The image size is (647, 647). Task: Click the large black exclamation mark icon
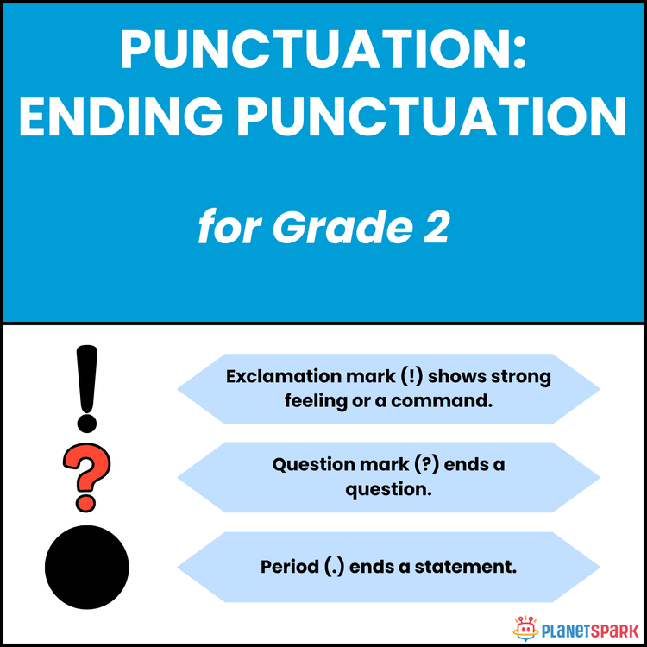tap(85, 387)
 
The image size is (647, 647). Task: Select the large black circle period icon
tap(86, 567)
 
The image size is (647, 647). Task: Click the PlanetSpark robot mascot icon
tap(525, 626)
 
